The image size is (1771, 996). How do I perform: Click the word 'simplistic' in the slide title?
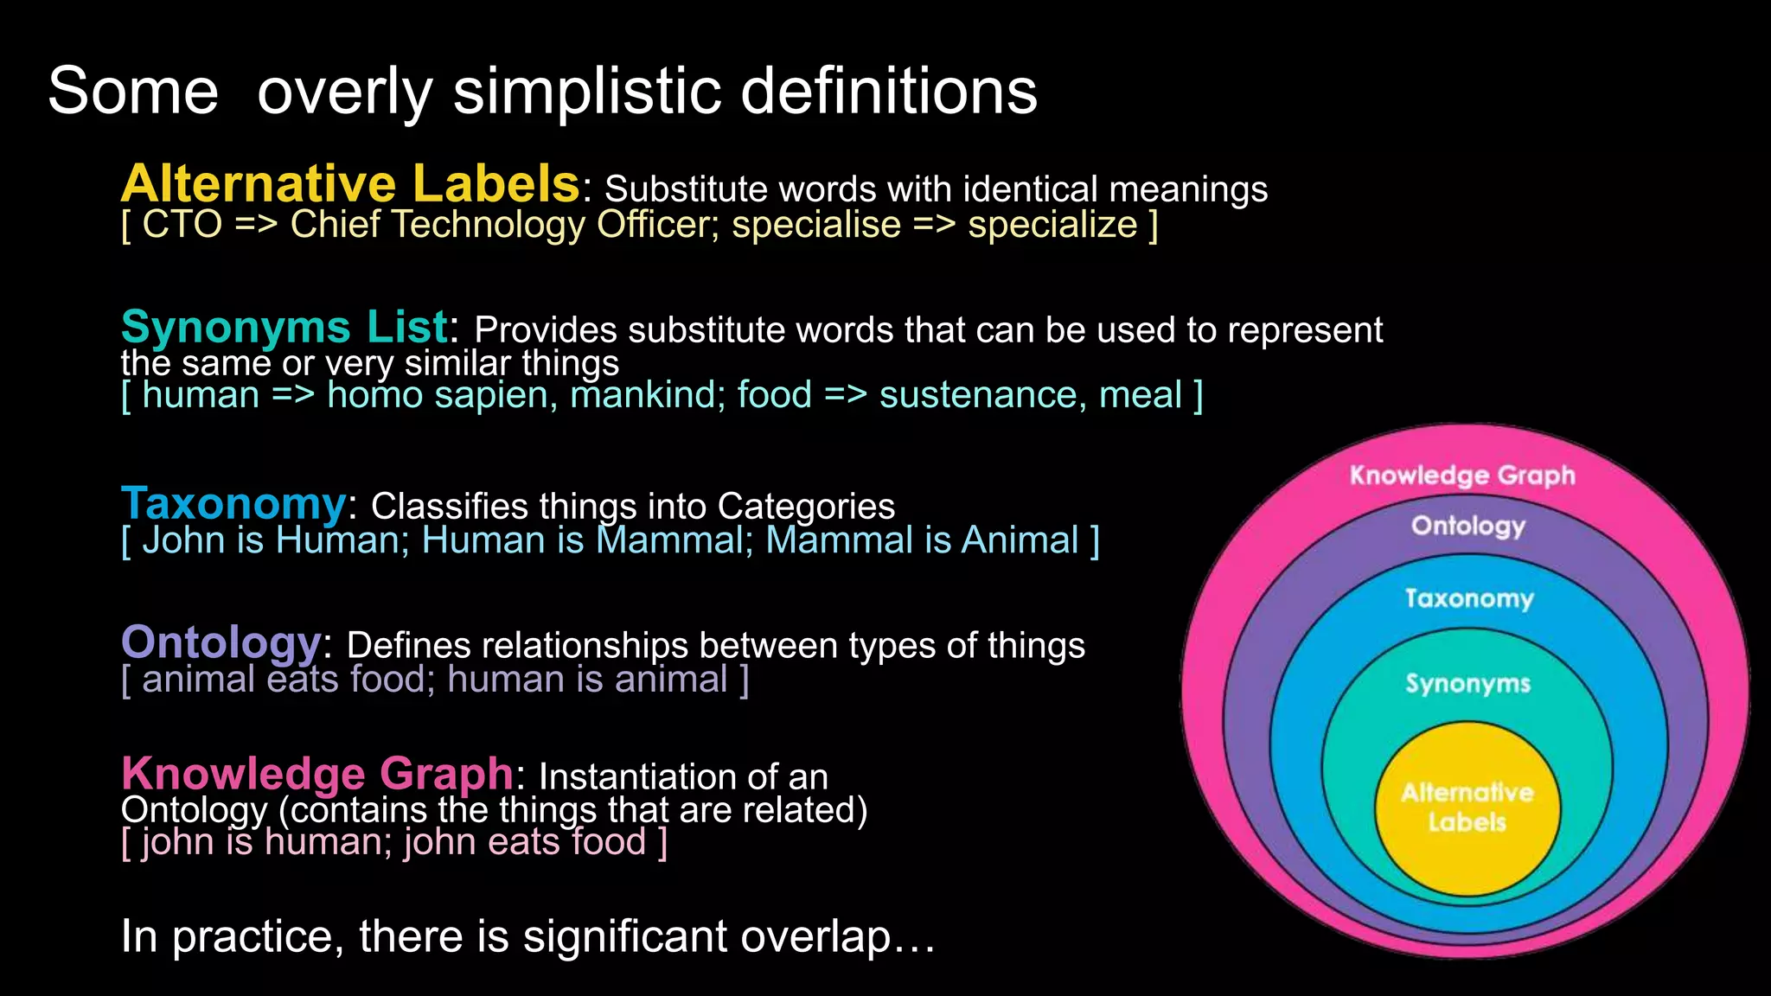tap(586, 91)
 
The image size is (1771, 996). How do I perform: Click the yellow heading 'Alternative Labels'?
tap(350, 183)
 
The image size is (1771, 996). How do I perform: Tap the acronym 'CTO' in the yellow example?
tap(182, 225)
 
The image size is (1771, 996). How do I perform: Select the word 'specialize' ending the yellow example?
tap(1052, 225)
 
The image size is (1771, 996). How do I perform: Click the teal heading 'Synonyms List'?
tap(285, 327)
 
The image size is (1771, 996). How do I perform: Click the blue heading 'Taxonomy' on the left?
tap(233, 503)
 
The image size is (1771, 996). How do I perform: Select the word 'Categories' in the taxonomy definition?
tap(806, 507)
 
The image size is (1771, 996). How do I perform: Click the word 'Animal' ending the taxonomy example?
tap(1020, 540)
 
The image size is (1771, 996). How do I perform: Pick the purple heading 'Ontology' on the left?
tap(221, 642)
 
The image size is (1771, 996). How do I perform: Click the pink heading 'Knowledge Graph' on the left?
tap(317, 774)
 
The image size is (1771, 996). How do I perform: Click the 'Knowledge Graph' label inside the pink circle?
tap(1462, 476)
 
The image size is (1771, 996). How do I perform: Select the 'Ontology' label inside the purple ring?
tap(1468, 526)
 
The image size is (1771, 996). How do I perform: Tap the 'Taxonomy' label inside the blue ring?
tap(1468, 598)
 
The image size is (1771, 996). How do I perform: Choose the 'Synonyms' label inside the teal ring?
tap(1467, 684)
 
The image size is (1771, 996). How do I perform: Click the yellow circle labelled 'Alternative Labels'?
tap(1467, 808)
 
